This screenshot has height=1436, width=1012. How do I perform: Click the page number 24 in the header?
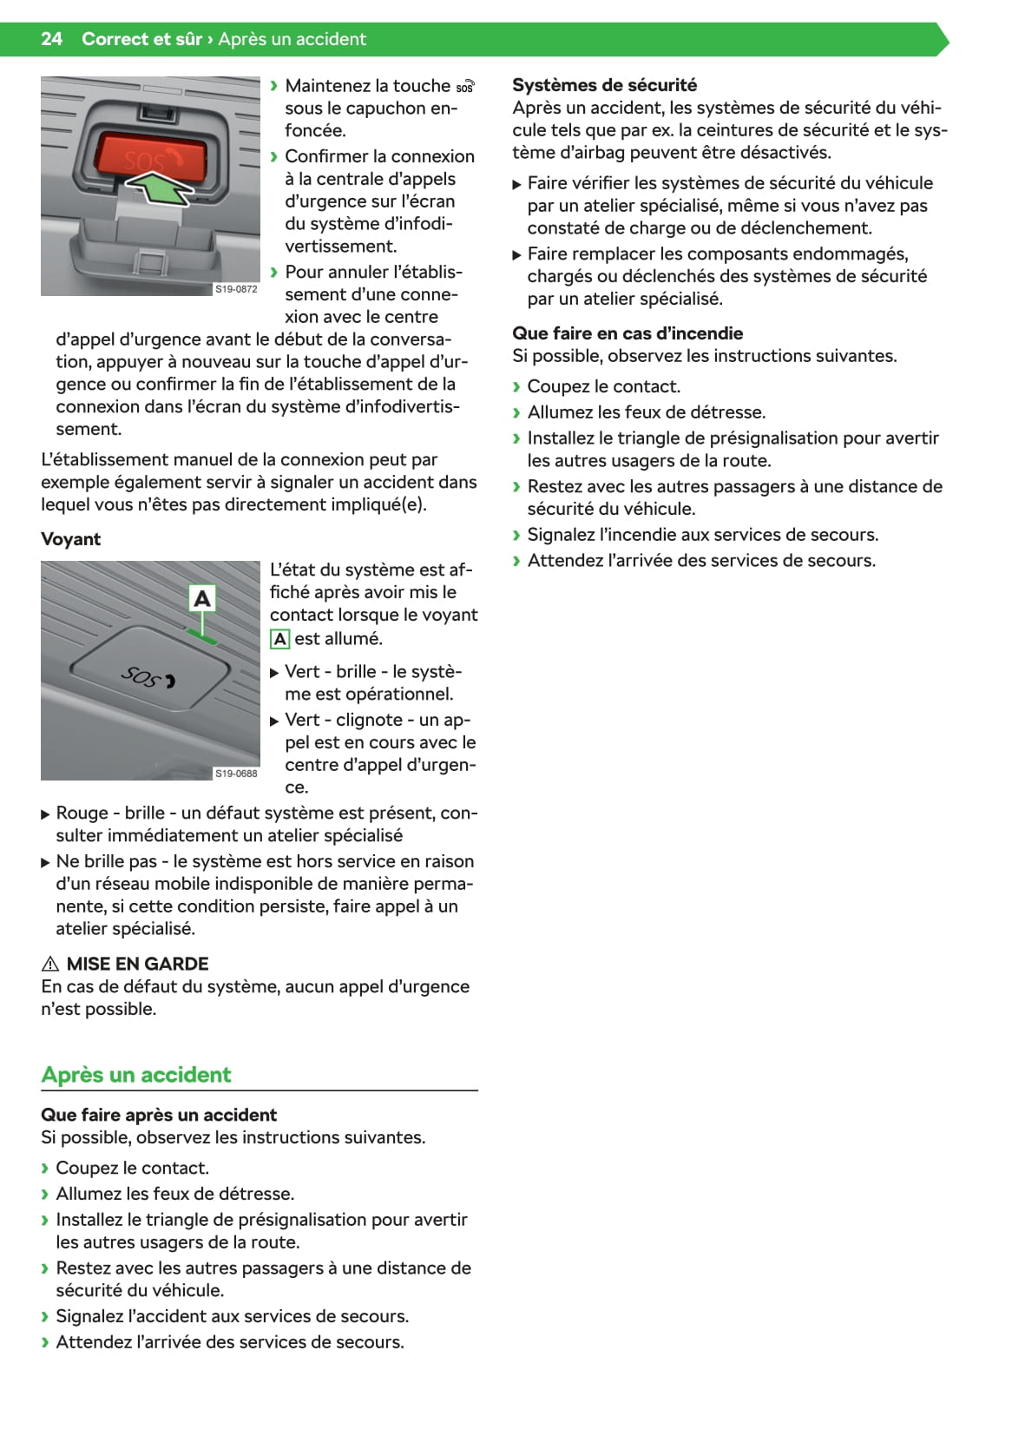pyautogui.click(x=51, y=39)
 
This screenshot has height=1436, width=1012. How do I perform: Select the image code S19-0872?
pyautogui.click(x=236, y=289)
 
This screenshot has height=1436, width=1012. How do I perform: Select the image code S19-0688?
pyautogui.click(x=236, y=774)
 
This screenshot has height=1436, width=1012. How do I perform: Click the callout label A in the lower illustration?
pyautogui.click(x=202, y=598)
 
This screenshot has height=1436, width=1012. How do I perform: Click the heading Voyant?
pyautogui.click(x=70, y=539)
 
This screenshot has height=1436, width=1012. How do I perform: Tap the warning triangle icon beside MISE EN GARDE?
pyautogui.click(x=50, y=964)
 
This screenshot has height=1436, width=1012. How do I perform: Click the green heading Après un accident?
pyautogui.click(x=136, y=1075)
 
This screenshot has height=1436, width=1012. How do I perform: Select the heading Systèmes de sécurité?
pyautogui.click(x=604, y=85)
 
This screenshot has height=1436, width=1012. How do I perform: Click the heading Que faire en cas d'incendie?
pyautogui.click(x=628, y=333)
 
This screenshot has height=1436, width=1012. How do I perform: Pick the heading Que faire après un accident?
pyautogui.click(x=159, y=1115)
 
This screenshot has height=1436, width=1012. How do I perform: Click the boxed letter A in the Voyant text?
pyautogui.click(x=279, y=639)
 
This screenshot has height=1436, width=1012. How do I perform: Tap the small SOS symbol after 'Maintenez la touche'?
pyautogui.click(x=465, y=87)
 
